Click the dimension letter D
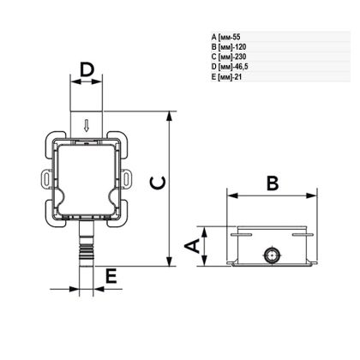pyautogui.click(x=87, y=70)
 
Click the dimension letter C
pyautogui.click(x=158, y=183)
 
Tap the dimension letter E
pyautogui.click(x=111, y=276)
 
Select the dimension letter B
pyautogui.click(x=273, y=183)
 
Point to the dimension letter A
pyautogui.click(x=192, y=246)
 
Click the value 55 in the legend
pyautogui.click(x=237, y=37)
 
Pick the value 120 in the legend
pyautogui.click(x=240, y=47)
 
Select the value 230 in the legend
pyautogui.click(x=240, y=57)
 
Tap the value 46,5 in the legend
pyautogui.click(x=242, y=67)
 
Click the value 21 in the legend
pyautogui.click(x=238, y=77)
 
